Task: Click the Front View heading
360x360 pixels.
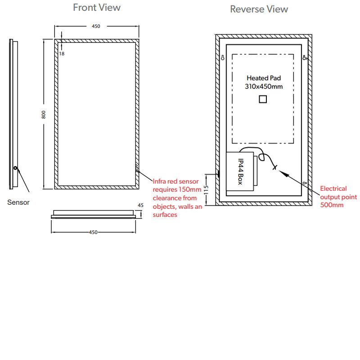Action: coord(97,8)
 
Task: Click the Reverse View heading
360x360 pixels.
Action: coord(259,9)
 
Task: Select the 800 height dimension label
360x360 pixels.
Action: coord(43,115)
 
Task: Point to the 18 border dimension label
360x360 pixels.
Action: coord(62,54)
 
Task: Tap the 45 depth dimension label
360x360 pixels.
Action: coord(140,205)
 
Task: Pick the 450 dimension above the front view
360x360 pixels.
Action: coord(96,26)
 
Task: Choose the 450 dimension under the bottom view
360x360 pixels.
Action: coord(93,232)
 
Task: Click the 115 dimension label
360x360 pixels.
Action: coord(206,190)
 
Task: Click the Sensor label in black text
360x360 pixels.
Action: coord(18,202)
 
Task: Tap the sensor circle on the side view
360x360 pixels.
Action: coord(15,168)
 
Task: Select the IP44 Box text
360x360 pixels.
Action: coord(240,171)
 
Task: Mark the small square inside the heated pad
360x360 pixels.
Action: coord(263,99)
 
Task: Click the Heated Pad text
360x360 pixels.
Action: coord(264,78)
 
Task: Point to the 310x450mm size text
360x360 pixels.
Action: coord(264,86)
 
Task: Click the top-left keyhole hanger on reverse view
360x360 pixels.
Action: coord(222,58)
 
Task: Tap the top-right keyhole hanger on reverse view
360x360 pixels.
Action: coord(305,58)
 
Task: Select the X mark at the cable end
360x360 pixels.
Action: coord(274,167)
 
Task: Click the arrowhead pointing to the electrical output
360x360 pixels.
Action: coord(283,173)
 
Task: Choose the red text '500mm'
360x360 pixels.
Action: coord(332,205)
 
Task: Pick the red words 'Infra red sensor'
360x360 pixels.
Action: coord(175,181)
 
